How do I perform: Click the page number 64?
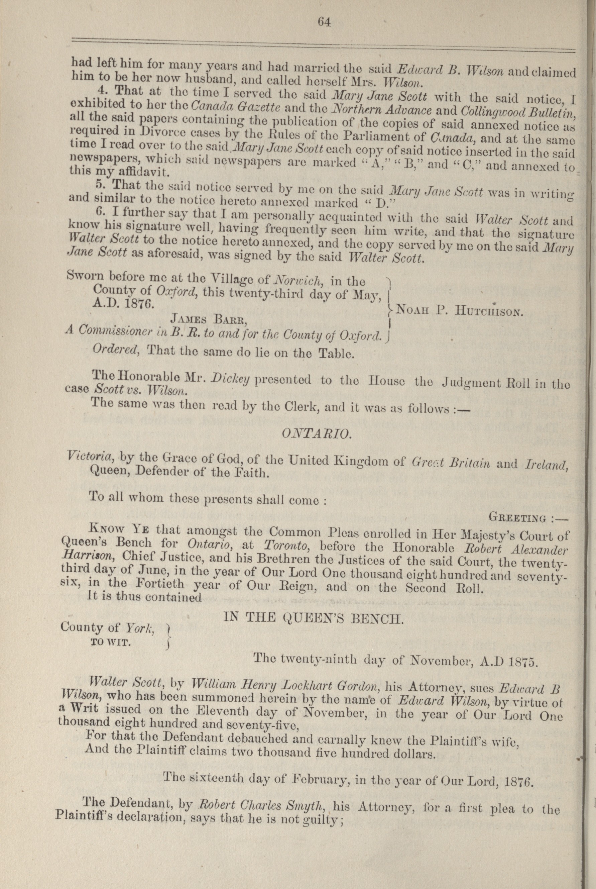click(325, 22)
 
